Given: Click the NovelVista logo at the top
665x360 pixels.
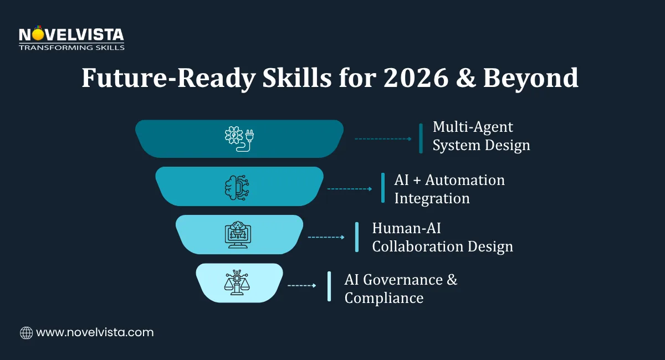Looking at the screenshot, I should point(71,38).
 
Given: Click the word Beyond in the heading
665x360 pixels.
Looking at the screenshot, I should point(530,78).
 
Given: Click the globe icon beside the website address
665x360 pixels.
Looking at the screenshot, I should point(26,333).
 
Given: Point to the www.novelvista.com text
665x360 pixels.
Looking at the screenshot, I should point(95,333).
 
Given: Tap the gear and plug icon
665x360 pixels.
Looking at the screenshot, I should point(239,138).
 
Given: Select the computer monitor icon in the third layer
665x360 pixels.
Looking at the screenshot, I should point(239,234).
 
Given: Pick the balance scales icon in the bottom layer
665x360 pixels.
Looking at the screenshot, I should point(239,282).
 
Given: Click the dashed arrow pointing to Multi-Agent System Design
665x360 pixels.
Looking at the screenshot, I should point(383,138).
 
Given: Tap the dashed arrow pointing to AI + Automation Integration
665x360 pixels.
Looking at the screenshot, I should point(350,189).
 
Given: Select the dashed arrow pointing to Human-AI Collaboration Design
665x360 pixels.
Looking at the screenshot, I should point(326,237).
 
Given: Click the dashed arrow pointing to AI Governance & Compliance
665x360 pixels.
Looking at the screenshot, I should point(301,286).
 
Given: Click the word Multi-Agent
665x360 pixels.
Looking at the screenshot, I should point(473,127).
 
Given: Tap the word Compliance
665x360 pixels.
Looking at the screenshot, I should point(383,298).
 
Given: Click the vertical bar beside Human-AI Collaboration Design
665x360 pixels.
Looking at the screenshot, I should point(357,237).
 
